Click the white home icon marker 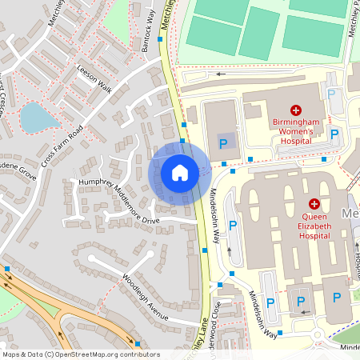click(x=180, y=173)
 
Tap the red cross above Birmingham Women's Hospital click(x=296, y=110)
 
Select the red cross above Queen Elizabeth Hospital click(x=314, y=205)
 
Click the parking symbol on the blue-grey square click(x=223, y=144)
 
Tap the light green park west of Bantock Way click(x=120, y=12)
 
